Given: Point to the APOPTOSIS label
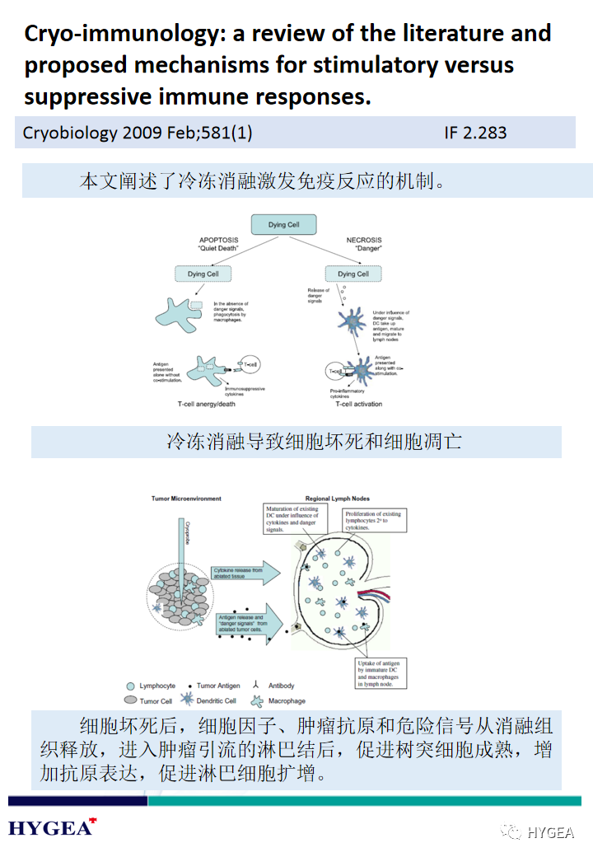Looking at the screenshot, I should tap(218, 241).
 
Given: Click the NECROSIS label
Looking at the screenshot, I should tap(364, 241).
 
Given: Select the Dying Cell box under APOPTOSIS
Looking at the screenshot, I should tap(203, 274).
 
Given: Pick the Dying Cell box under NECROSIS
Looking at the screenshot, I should tap(353, 274).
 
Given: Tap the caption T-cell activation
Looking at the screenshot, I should tap(358, 404).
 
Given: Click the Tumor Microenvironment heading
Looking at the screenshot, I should tap(186, 499).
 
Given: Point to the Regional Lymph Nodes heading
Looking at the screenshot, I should tap(338, 499).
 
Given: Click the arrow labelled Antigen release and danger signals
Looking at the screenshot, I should tap(247, 621).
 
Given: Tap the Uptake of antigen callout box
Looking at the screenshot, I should tap(381, 673).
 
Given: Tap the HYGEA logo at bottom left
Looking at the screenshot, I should tap(52, 827).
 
